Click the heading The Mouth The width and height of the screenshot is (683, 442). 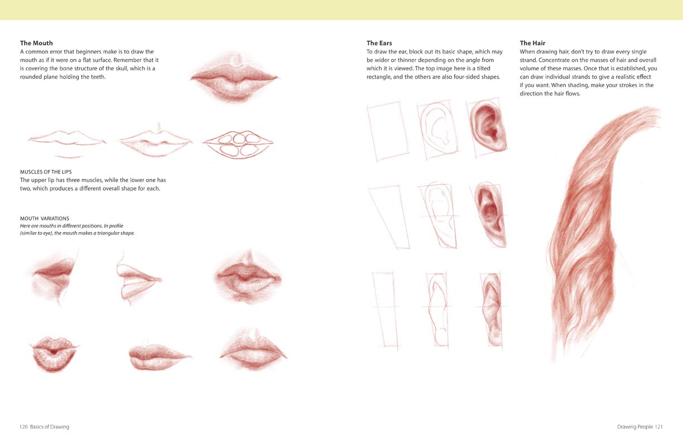pos(36,43)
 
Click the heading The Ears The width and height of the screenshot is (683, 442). pos(379,43)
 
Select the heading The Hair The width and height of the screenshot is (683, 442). pos(532,43)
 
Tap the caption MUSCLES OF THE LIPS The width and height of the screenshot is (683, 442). pos(46,171)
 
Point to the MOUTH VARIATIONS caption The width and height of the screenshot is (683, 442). pos(45,218)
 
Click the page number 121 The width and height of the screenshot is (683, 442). pos(658,427)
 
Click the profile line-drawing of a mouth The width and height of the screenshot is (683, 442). pos(137,277)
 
